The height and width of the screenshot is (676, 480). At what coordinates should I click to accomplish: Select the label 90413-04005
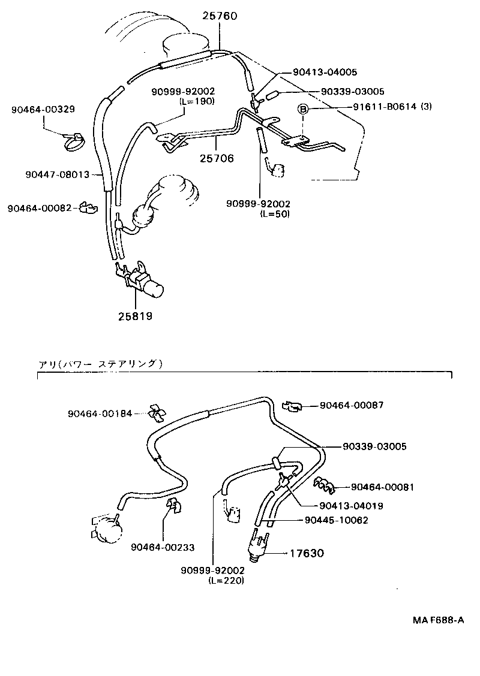click(325, 72)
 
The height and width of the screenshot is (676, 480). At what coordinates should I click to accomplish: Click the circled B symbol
click(304, 108)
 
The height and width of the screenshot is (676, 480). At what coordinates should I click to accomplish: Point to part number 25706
click(217, 158)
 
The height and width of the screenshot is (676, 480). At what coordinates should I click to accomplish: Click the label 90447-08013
click(57, 174)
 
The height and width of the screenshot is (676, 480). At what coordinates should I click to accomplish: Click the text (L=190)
click(197, 101)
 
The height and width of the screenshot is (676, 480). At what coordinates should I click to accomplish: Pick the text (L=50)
click(274, 213)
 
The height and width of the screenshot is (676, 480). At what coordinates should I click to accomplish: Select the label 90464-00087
click(352, 405)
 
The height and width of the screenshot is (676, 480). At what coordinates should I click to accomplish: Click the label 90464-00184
click(99, 414)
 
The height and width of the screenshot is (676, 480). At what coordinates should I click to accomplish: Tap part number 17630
click(307, 553)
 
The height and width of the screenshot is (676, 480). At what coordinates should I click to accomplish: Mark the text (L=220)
click(226, 581)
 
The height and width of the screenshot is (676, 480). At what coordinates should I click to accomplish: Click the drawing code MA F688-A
click(437, 620)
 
